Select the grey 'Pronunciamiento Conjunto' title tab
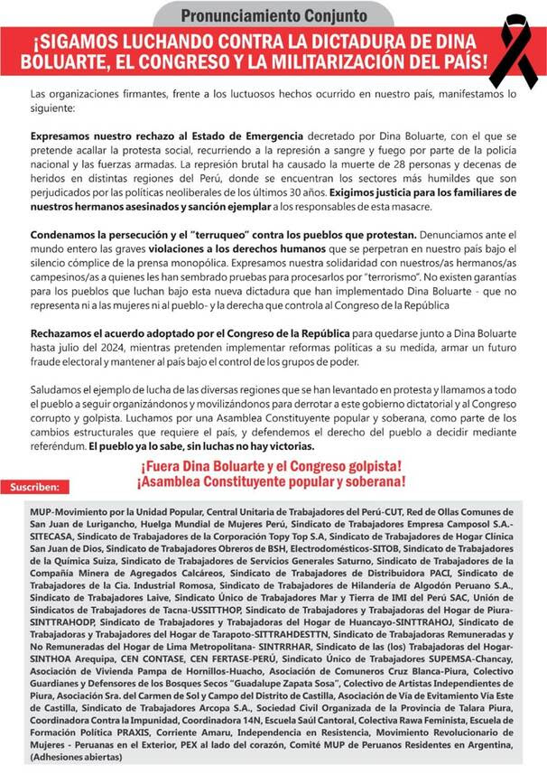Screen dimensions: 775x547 [273, 14]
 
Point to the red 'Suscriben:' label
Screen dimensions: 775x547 [34, 487]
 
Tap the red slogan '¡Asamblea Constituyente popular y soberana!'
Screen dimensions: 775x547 [270, 483]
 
